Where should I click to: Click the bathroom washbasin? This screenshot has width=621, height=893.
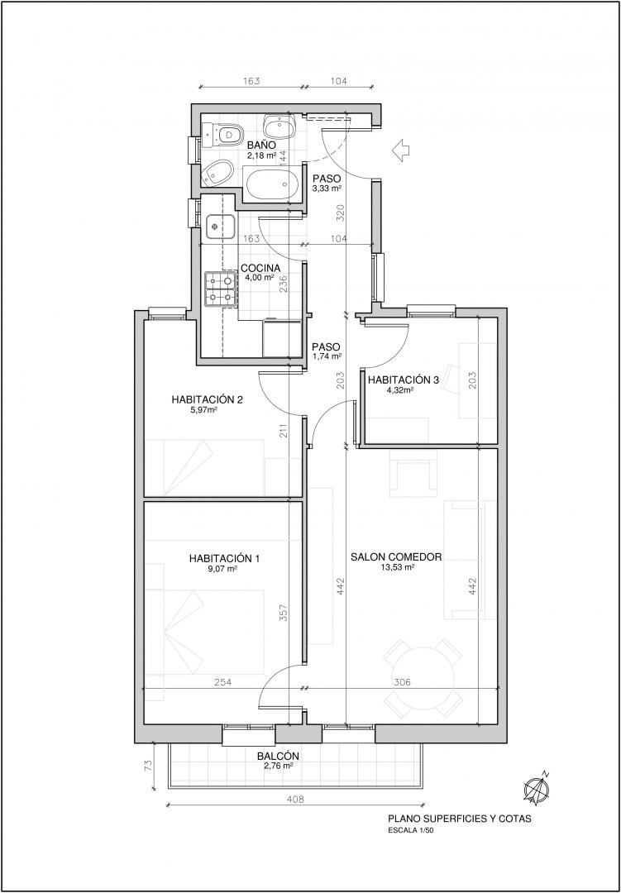tap(279, 127)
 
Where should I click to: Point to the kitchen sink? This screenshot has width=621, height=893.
tap(221, 227)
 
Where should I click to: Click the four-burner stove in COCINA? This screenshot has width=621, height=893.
tap(221, 289)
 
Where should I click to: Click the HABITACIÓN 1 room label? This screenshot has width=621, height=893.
tap(224, 558)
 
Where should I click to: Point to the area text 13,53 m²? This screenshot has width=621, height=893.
tap(397, 567)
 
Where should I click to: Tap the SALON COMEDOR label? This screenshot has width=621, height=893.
tap(397, 557)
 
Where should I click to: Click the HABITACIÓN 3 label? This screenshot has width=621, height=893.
tap(404, 380)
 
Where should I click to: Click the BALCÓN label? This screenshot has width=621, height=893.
tap(278, 757)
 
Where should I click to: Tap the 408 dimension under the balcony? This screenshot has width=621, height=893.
tap(296, 799)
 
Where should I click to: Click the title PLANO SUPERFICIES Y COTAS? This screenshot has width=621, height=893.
tap(459, 819)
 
